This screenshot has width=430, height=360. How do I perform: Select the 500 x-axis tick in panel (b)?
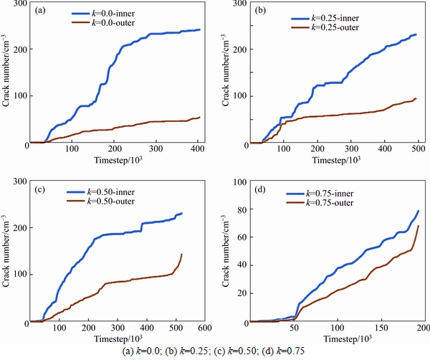pos(352,150)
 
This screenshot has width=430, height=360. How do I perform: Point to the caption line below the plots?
pos(215,351)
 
